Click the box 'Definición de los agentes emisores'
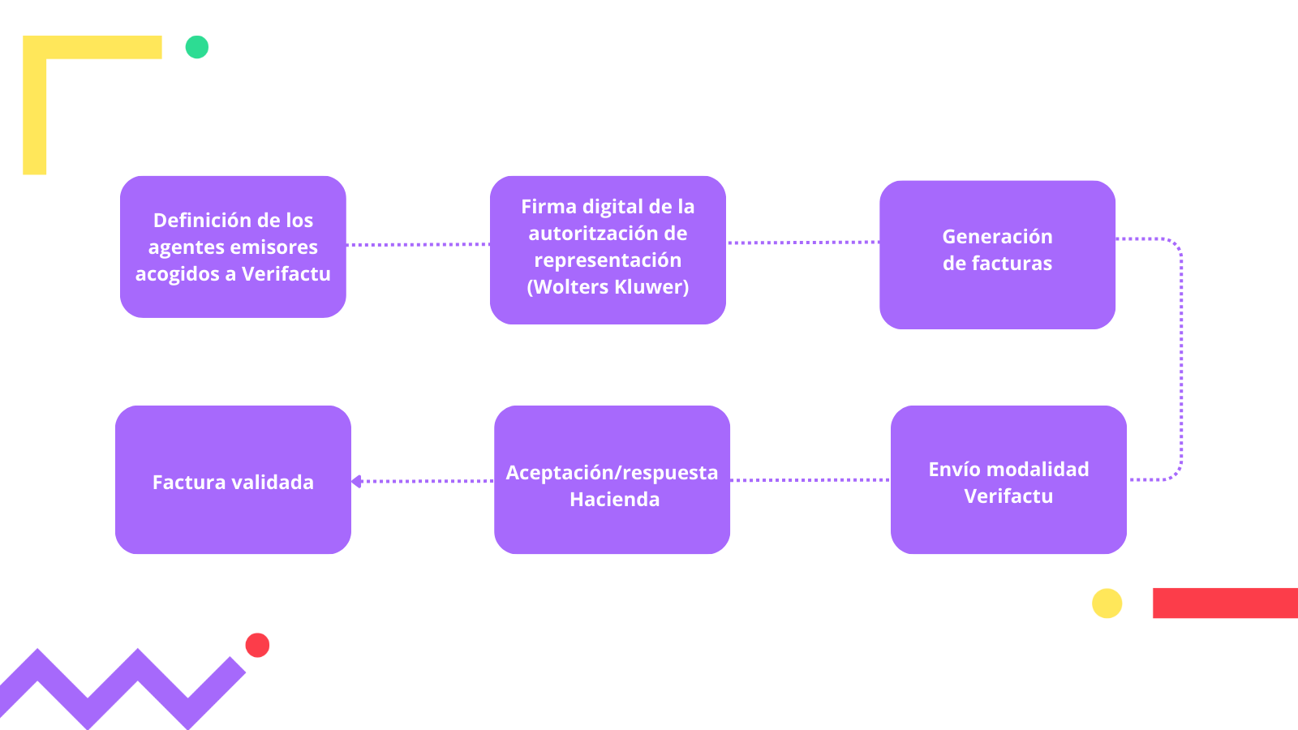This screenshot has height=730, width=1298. [233, 247]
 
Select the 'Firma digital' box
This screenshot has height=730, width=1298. [608, 250]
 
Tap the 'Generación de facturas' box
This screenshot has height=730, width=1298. [997, 255]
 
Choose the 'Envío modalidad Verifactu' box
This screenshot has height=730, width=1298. [1008, 479]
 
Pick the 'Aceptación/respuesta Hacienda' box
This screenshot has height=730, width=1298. [612, 479]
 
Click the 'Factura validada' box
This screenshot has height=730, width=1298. [233, 479]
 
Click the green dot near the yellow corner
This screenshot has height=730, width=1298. [197, 47]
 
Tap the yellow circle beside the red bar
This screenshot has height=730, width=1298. [1107, 603]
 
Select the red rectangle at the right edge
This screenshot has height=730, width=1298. [1225, 603]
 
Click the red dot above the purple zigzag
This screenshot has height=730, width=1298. [257, 645]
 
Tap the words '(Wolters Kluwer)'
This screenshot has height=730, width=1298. [608, 287]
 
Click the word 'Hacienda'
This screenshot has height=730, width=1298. [614, 500]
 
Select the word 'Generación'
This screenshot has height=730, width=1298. [997, 237]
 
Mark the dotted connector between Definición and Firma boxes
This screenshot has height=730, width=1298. [418, 244]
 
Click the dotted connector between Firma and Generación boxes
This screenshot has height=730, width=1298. [802, 242]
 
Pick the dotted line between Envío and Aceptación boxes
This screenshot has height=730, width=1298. [810, 480]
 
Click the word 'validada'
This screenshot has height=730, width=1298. [273, 483]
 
